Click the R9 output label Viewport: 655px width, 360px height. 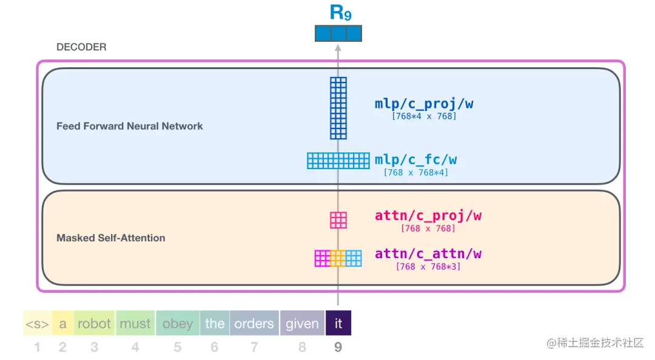[x=340, y=12]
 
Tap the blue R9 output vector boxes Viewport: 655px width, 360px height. [x=338, y=33]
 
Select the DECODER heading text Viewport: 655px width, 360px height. [x=81, y=47]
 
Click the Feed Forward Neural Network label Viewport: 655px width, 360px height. [x=130, y=126]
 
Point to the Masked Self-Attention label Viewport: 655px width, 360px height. [x=111, y=238]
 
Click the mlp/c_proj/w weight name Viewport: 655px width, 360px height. [x=424, y=104]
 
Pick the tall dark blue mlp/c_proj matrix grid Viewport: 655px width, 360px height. [x=338, y=108]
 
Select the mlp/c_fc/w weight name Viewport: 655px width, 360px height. [x=415, y=159]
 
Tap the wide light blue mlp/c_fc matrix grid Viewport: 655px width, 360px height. [x=338, y=161]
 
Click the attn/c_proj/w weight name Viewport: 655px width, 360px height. [x=428, y=216]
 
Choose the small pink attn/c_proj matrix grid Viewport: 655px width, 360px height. [x=338, y=220]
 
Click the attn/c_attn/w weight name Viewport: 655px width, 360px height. [x=428, y=253]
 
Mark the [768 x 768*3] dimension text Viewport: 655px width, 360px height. [x=428, y=267]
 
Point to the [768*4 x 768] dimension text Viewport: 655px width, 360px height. [x=424, y=116]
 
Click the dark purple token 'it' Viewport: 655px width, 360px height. [x=338, y=323]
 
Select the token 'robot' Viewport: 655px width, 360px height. [x=94, y=323]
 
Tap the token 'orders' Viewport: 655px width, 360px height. [x=254, y=323]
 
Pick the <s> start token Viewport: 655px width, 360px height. [x=38, y=323]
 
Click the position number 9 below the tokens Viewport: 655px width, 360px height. [x=338, y=347]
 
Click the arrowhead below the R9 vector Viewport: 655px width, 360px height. [x=338, y=48]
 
